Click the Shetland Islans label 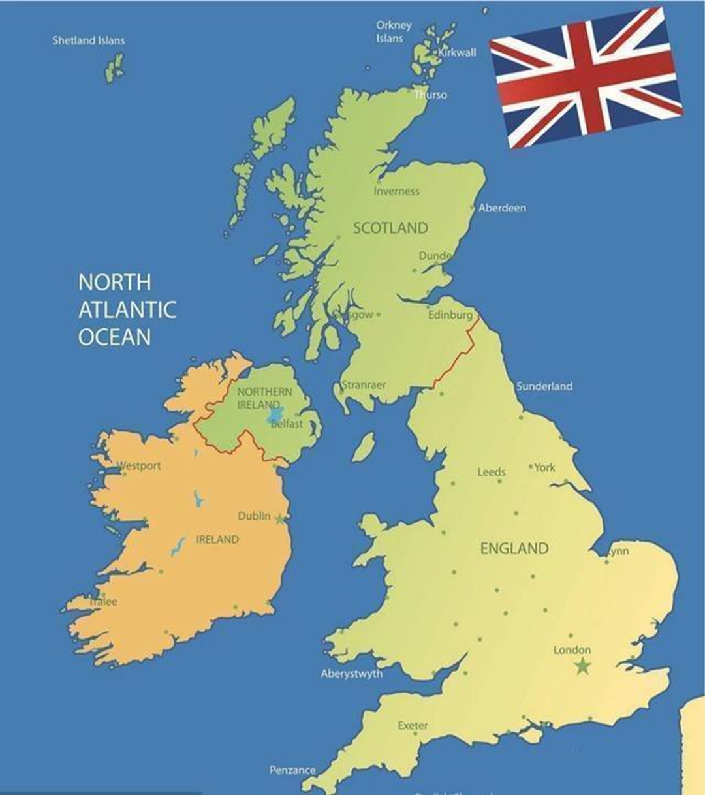[88, 40]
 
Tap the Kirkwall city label [457, 53]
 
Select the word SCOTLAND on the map [390, 228]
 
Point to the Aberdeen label [502, 208]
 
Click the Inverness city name [396, 191]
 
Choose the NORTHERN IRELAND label [264, 398]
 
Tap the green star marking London [582, 666]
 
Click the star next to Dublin [280, 520]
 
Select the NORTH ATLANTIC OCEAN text [127, 309]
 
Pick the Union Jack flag [586, 77]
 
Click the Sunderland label [544, 386]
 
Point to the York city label [544, 467]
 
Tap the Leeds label [491, 472]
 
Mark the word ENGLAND [514, 548]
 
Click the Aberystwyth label [351, 674]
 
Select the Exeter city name [413, 726]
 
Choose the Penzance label [292, 770]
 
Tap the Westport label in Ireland [138, 466]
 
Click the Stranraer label [364, 385]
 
